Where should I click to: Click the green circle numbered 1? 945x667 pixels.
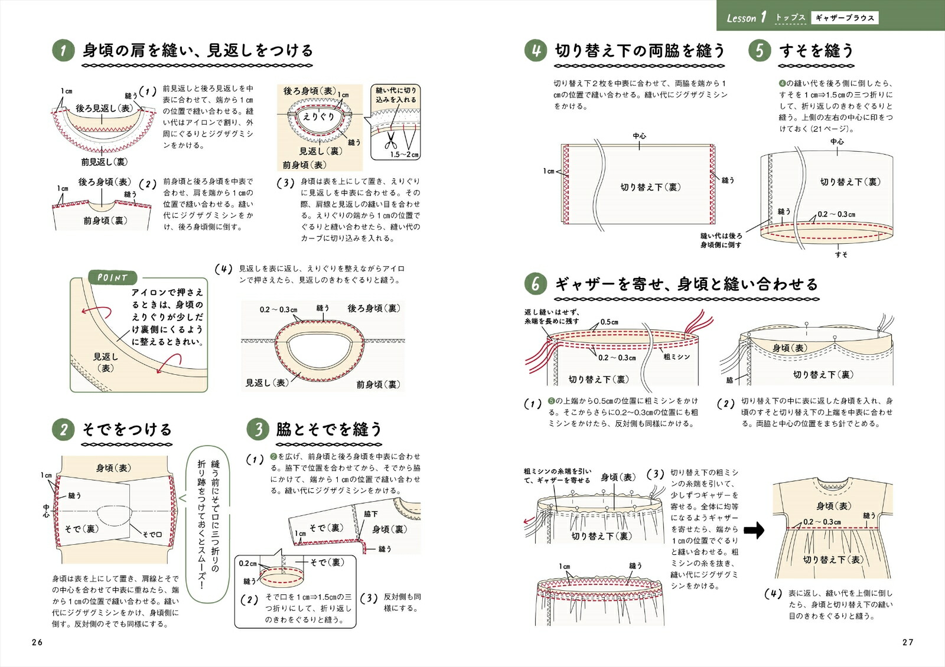tap(63, 51)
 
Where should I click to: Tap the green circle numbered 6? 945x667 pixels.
tap(535, 285)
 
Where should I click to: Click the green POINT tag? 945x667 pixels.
tap(113, 278)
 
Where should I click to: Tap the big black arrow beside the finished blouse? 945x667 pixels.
tap(753, 530)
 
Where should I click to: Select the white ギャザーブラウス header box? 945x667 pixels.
tap(845, 18)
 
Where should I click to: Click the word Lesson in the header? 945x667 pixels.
tap(741, 18)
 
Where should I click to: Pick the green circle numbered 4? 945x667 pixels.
tap(535, 51)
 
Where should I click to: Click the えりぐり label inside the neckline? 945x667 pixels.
tap(318, 117)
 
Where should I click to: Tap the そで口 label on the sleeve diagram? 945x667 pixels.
tap(152, 534)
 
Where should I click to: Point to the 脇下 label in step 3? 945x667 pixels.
tap(371, 514)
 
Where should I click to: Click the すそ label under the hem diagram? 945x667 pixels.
tap(841, 254)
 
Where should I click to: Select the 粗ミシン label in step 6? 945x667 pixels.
tap(676, 357)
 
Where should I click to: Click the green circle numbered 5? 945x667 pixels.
tap(760, 51)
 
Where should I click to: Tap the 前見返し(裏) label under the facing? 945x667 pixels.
tap(105, 162)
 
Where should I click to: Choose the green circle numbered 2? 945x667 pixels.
tap(63, 429)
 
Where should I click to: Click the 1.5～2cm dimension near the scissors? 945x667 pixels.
tap(405, 155)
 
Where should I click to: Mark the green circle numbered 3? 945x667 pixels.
tap(258, 429)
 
